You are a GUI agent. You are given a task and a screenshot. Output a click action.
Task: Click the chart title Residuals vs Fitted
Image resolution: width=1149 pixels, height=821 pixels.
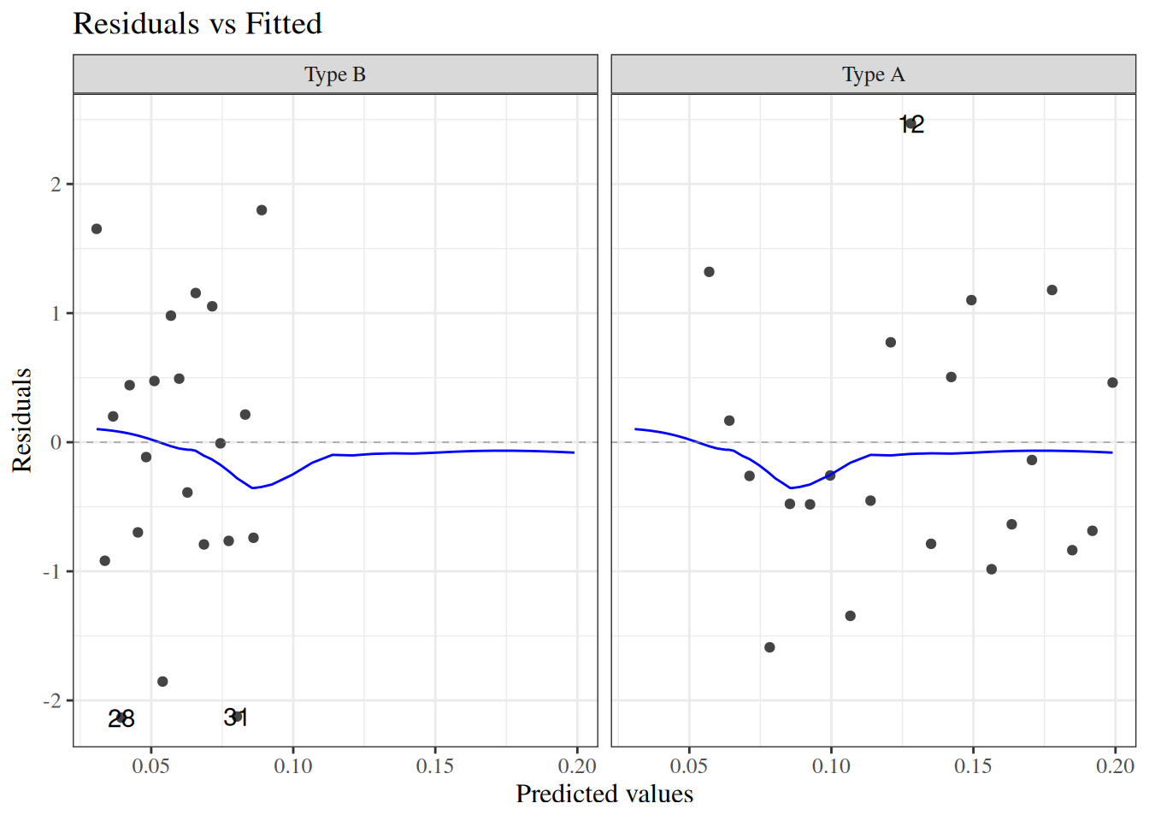197,24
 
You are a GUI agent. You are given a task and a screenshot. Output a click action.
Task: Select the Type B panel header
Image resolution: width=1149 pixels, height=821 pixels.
335,75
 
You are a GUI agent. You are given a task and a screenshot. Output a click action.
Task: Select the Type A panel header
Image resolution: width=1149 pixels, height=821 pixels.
873,75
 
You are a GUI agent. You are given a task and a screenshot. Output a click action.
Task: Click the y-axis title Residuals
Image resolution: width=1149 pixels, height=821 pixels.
21,420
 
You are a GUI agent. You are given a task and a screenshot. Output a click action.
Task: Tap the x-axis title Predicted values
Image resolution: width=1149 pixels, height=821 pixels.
604,794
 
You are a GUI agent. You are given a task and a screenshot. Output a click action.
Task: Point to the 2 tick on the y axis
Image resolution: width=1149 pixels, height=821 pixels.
56,185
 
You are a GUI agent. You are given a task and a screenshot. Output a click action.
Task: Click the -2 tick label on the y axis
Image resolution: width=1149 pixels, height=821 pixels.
53,701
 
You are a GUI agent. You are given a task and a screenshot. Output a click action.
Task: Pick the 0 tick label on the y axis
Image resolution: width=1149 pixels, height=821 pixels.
56,443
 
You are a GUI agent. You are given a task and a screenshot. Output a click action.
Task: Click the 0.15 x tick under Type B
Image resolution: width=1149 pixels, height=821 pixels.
435,765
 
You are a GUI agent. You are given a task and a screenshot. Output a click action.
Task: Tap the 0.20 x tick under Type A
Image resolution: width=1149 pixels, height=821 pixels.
1115,765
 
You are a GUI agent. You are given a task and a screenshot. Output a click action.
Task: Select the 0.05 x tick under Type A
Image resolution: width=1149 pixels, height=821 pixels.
689,765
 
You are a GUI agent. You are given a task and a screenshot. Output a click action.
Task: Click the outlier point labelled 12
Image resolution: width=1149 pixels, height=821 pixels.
911,124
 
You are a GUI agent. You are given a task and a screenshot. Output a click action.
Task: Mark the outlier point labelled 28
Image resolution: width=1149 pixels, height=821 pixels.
121,718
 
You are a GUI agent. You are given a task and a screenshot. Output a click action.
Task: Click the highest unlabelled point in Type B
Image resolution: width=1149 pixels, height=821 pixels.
262,210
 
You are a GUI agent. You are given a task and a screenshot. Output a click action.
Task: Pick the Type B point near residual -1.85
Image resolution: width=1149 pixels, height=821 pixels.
162,682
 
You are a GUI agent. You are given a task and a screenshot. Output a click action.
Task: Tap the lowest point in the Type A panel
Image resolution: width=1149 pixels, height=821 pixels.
769,647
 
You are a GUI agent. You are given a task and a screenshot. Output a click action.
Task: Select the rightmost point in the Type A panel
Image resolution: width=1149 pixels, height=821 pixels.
1112,382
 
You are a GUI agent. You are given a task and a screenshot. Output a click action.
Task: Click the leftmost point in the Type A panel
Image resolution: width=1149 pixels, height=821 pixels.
709,272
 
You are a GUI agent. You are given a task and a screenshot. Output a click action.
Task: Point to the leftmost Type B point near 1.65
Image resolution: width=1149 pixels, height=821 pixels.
97,229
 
